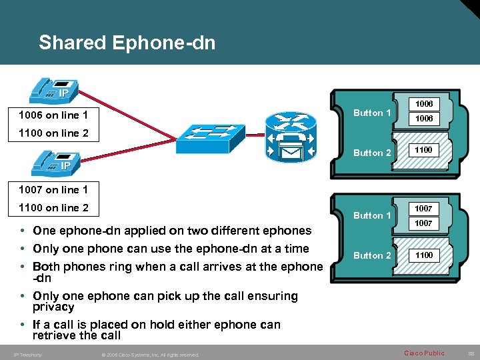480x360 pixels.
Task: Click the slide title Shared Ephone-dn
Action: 127,43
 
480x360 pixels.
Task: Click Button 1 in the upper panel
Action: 372,113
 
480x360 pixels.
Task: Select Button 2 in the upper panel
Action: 372,153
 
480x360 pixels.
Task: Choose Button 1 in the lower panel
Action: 372,215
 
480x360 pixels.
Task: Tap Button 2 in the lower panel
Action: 372,255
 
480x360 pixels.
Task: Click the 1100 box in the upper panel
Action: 424,150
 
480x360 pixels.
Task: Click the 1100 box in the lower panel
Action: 424,255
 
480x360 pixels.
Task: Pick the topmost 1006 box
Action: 424,104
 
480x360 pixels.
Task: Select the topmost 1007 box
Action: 424,209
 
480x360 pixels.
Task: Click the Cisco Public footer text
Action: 424,353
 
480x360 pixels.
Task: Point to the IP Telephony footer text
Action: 27,355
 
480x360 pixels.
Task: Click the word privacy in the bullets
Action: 53,307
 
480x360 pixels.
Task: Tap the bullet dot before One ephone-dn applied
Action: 23,231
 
